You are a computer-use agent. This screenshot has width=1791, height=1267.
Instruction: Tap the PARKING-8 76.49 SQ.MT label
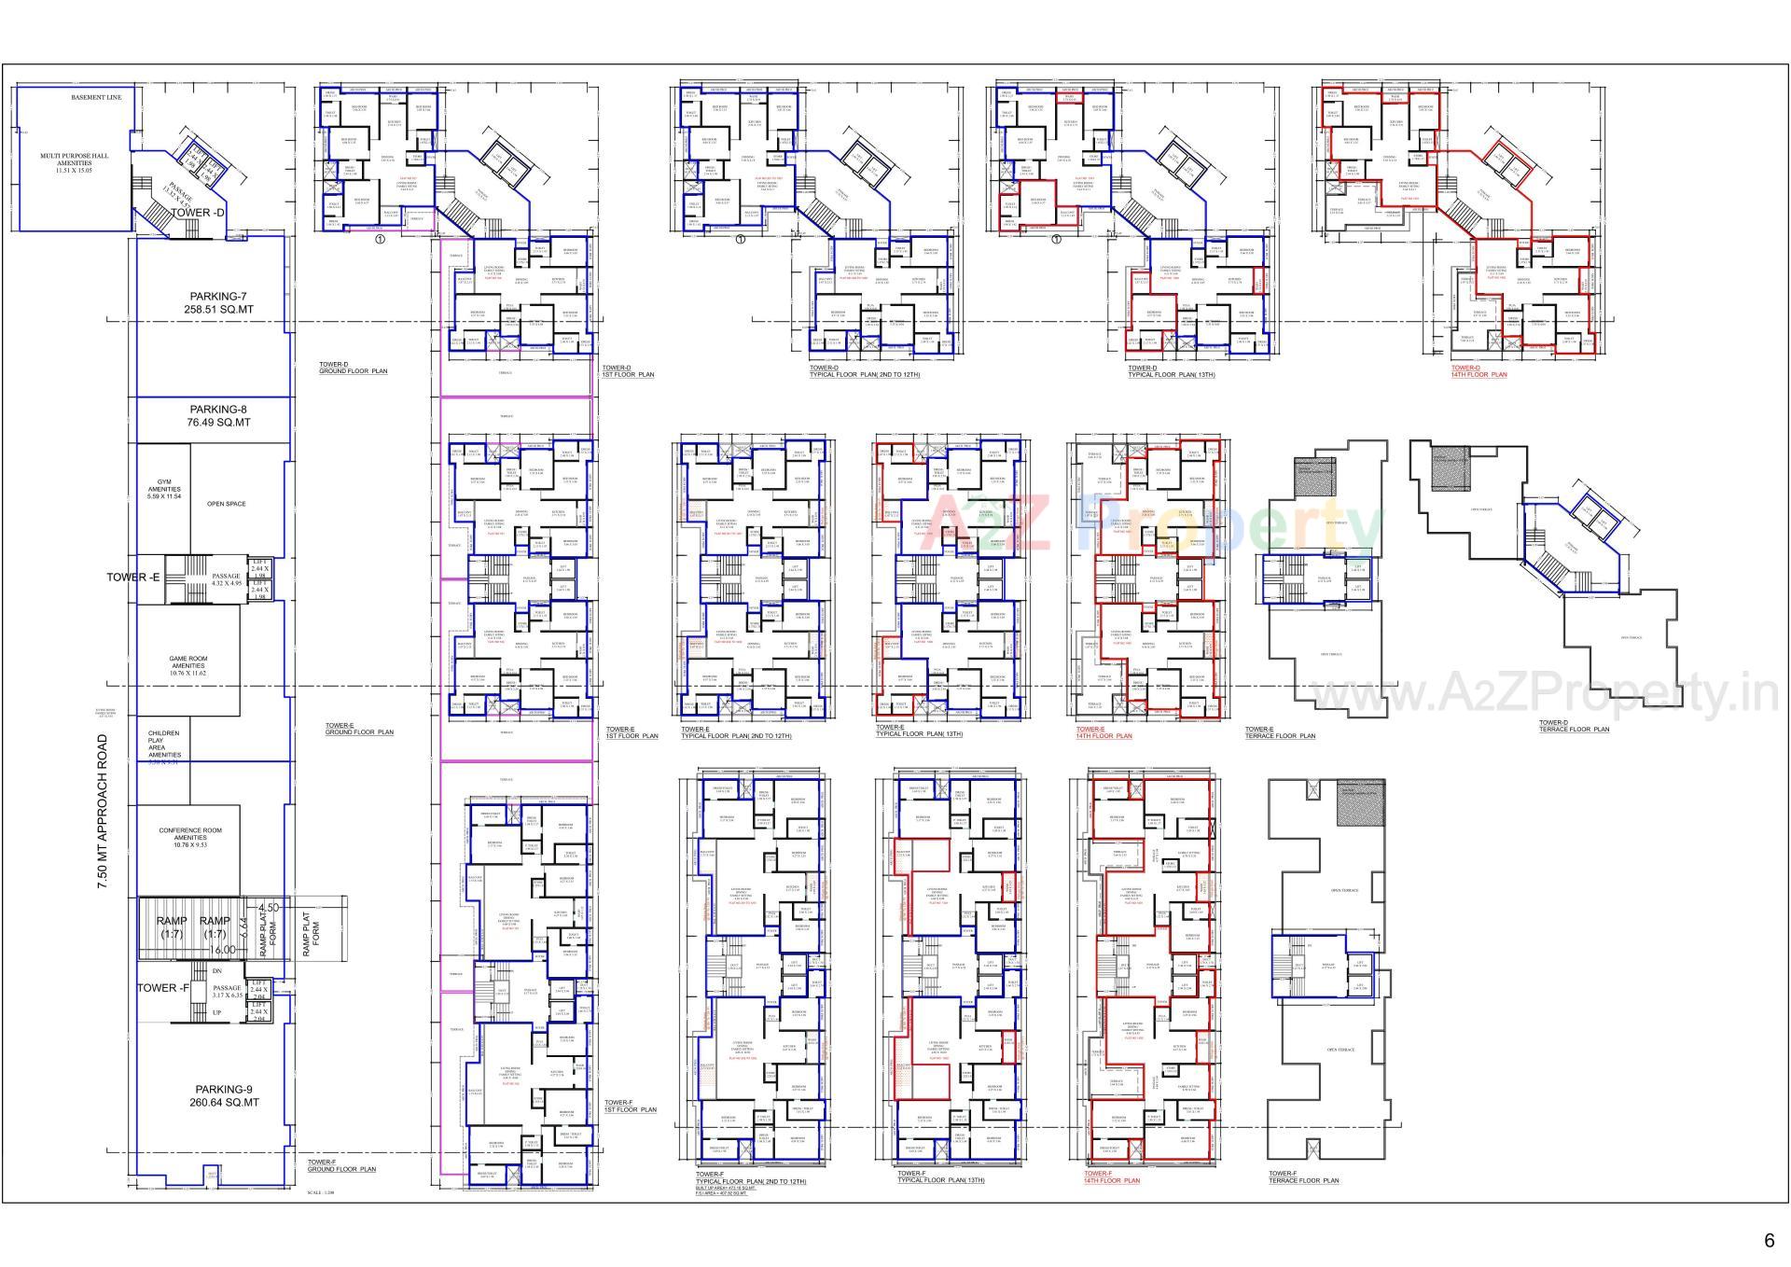219,415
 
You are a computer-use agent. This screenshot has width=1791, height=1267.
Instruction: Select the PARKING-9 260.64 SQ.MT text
224,1095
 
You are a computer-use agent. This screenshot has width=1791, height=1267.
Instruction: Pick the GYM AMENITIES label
164,490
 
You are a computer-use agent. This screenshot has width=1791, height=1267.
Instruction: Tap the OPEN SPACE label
227,504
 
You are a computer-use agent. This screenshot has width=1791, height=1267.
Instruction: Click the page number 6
1769,1240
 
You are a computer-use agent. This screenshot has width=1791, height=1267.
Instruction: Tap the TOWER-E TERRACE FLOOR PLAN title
1280,732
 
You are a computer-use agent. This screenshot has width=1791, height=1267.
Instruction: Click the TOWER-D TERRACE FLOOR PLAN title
1574,726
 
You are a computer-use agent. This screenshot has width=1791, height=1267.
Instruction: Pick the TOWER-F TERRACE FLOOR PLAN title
1303,1176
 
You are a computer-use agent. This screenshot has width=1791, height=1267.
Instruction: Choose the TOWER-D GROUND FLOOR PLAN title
353,368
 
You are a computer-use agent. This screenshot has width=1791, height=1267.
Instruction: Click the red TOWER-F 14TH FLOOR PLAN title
1112,1176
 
